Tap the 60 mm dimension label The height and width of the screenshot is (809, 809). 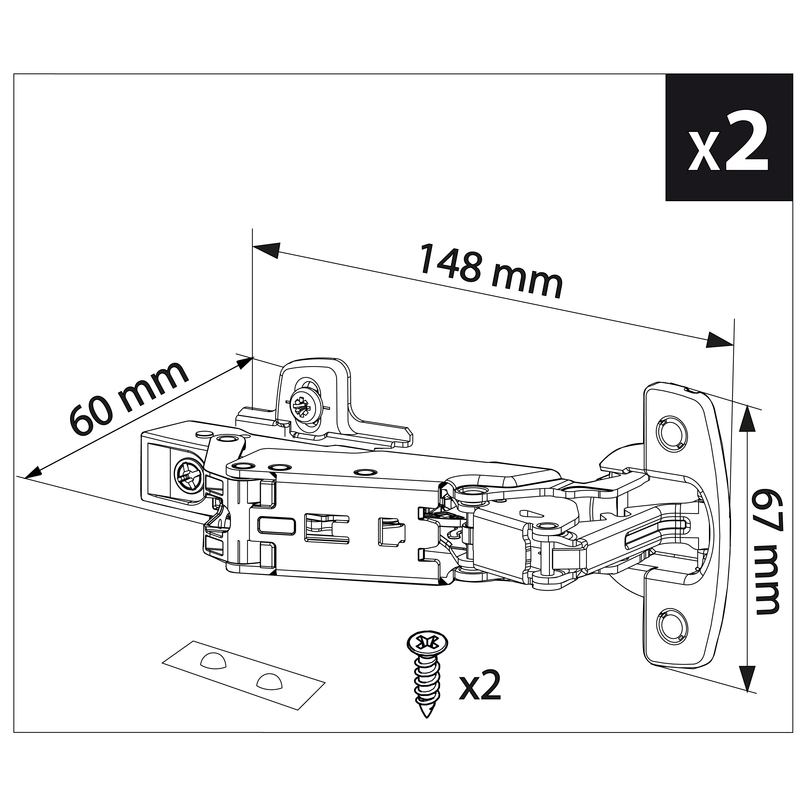129,398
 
